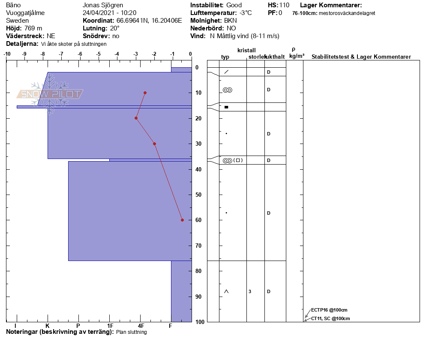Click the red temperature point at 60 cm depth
pos(182,220)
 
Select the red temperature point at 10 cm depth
pos(145,93)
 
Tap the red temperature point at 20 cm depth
pos(136,118)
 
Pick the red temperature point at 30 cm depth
pos(154,144)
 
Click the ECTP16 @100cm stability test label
pos(329,310)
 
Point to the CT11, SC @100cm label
pos(330,318)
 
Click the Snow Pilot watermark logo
pos(50,94)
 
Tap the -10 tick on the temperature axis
pos(7,54)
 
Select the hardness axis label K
pos(48,326)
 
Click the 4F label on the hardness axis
pos(141,326)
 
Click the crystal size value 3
pos(250,291)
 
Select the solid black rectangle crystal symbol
pos(226,107)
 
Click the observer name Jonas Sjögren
pos(103,5)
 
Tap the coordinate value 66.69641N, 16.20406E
pos(149,21)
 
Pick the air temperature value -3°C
pos(246,13)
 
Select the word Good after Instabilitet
pos(234,5)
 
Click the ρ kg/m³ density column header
pos(297,53)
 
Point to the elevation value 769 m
pos(33,28)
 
